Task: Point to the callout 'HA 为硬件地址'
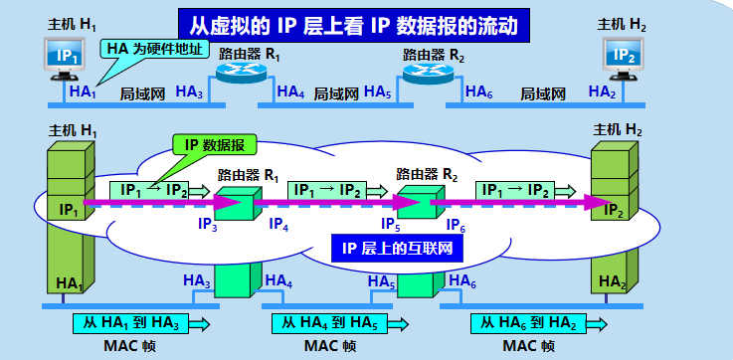pos(153,48)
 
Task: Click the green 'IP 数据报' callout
pos(217,145)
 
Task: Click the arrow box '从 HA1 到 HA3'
pos(140,323)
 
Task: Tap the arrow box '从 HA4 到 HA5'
pos(339,323)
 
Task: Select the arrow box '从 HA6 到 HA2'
pos(538,323)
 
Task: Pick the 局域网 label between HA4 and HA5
pos(335,93)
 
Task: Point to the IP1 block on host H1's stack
pos(69,210)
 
